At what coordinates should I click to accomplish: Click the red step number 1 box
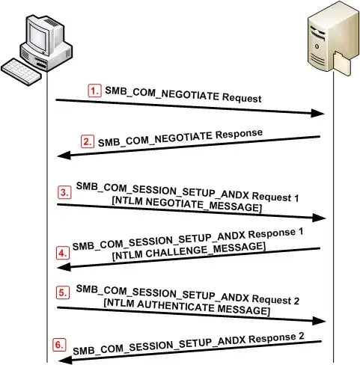94,90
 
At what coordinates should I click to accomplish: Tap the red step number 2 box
88,140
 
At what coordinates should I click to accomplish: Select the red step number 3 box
66,191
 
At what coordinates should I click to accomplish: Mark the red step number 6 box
60,345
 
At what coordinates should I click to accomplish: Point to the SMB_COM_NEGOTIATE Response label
180,137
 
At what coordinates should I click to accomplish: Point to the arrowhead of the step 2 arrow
64,155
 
